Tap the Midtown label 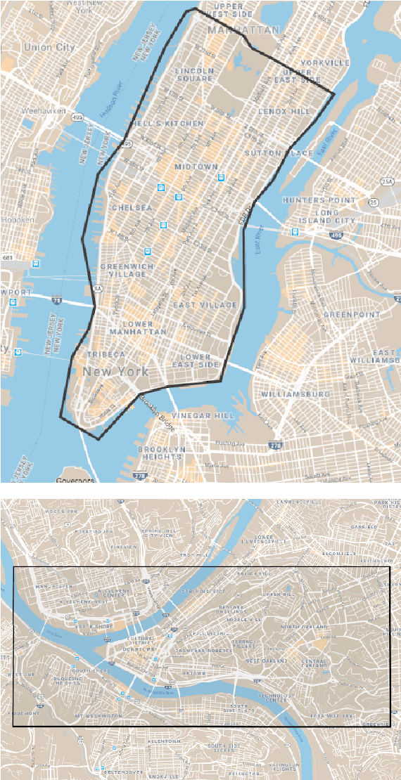[x=196, y=167]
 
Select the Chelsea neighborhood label [x=132, y=208]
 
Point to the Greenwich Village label [x=127, y=271]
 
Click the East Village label [x=205, y=305]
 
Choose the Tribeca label [x=106, y=354]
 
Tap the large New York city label [x=115, y=371]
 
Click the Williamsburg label [x=295, y=394]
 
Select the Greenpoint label [x=351, y=314]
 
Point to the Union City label [x=49, y=47]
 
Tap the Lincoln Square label [x=194, y=74]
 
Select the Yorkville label [x=324, y=63]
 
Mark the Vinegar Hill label [x=203, y=415]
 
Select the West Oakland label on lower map [x=266, y=661]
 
